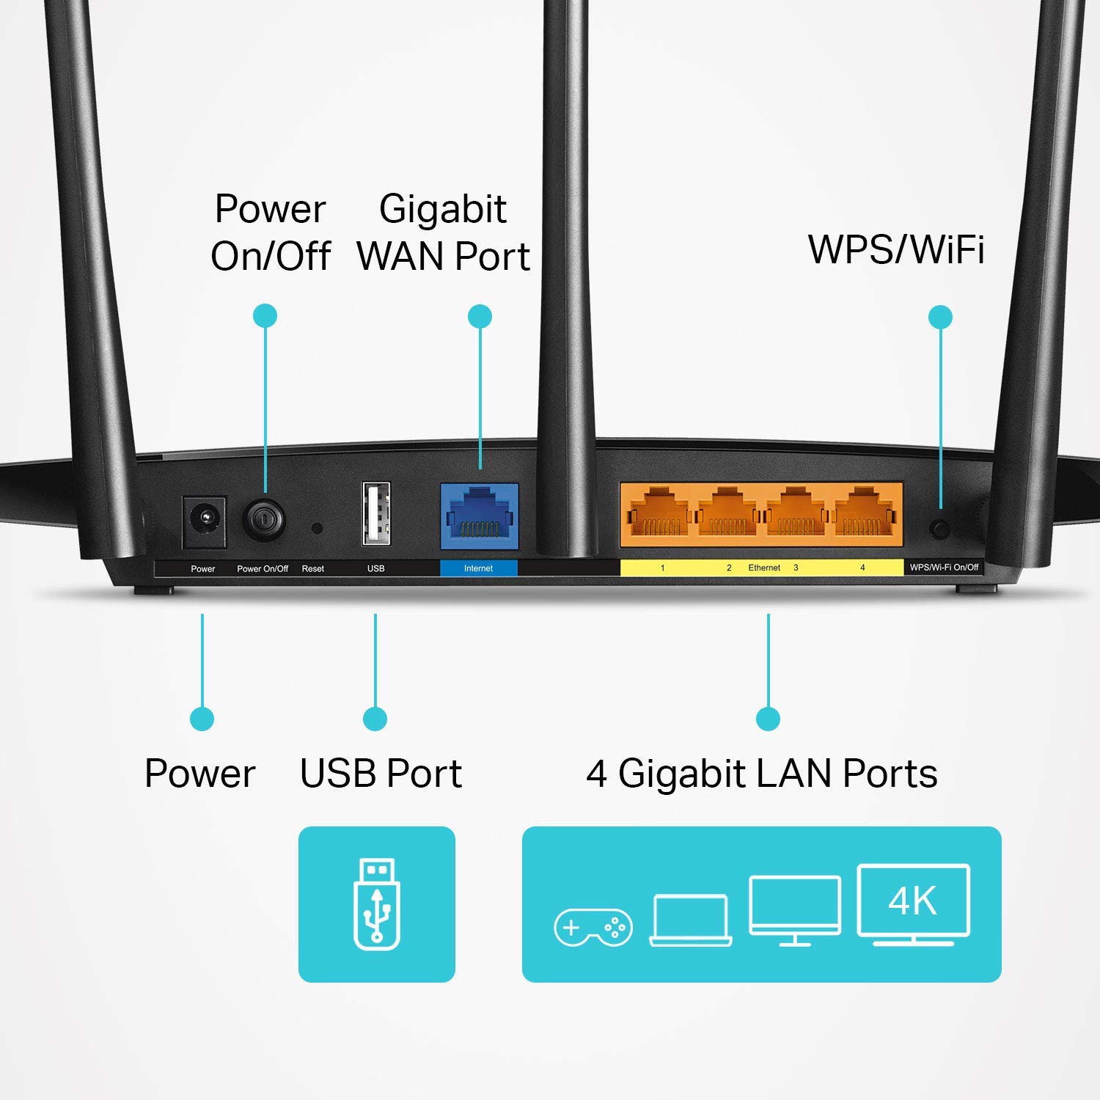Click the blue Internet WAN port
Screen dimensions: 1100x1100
[x=479, y=516]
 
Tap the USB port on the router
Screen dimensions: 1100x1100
[x=376, y=513]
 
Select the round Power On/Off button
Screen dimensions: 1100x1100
[x=264, y=520]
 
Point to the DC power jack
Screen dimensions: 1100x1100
[x=204, y=521]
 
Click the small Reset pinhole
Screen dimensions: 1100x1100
[x=317, y=527]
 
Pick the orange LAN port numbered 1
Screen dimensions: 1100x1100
[x=655, y=513]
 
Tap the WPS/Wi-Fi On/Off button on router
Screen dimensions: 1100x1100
[x=939, y=528]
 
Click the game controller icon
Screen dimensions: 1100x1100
[x=593, y=928]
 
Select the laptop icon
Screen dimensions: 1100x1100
[x=691, y=921]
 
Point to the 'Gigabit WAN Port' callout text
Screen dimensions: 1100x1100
[x=443, y=232]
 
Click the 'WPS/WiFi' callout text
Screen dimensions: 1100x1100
[x=895, y=249]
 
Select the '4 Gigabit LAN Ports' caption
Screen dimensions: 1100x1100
[x=762, y=774]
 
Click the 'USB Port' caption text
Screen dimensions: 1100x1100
[x=381, y=774]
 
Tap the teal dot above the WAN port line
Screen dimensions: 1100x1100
[x=480, y=317]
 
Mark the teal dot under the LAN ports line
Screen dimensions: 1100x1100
[x=768, y=719]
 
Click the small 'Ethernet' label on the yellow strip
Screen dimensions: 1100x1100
[x=764, y=568]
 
